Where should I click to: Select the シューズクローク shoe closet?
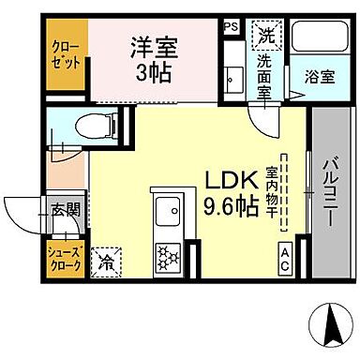tap(66, 258)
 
